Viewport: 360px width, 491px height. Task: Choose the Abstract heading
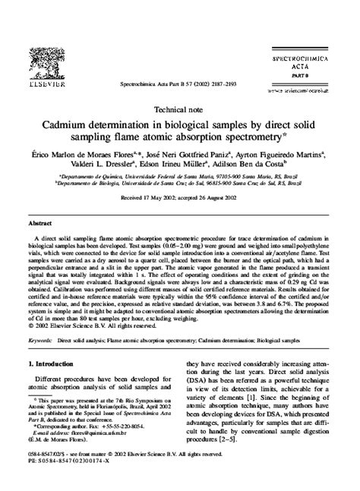coord(40,225)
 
